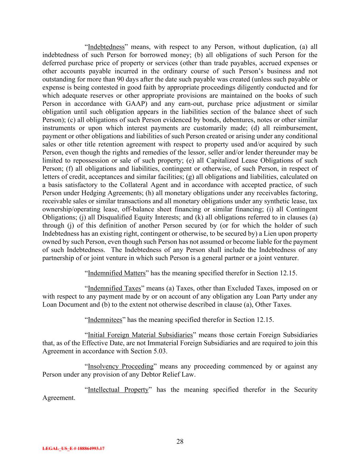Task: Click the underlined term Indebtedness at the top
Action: (x=106, y=47)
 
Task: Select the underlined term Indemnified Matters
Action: (x=117, y=273)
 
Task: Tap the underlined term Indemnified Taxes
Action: (x=114, y=288)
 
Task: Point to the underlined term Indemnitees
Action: (x=105, y=320)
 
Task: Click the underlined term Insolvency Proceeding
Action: (x=120, y=367)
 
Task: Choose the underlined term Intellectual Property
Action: (x=118, y=390)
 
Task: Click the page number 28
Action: (x=180, y=442)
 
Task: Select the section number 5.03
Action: (x=159, y=351)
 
